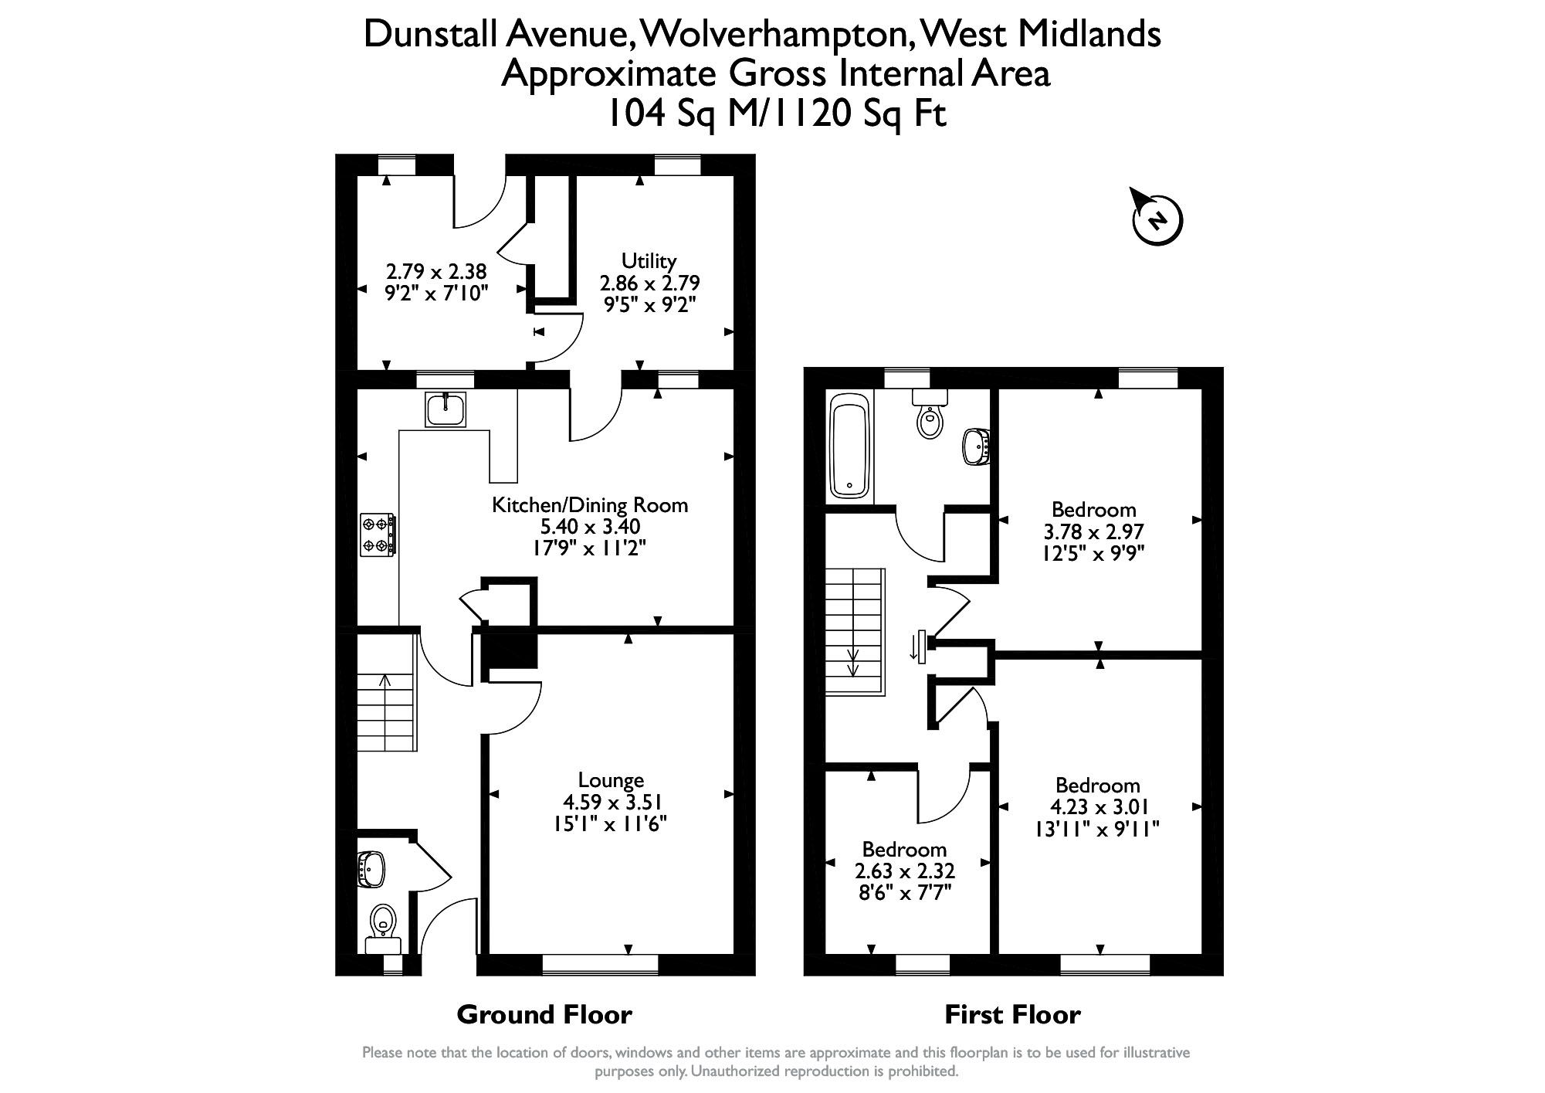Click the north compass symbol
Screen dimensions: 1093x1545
click(1157, 219)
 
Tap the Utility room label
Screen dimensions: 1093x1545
click(649, 261)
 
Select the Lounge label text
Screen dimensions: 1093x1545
click(611, 780)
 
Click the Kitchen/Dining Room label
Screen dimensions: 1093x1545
click(590, 505)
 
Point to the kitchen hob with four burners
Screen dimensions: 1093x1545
click(378, 535)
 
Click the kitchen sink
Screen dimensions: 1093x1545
click(446, 409)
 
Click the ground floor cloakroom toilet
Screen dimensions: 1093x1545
click(383, 927)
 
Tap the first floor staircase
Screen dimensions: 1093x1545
click(854, 631)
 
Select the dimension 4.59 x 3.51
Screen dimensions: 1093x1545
click(611, 802)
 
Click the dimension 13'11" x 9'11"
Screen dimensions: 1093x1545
click(1097, 829)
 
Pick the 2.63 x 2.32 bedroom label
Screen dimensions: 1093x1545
click(904, 871)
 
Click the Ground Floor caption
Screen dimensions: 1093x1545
click(544, 1014)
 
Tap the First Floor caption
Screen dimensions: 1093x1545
click(1012, 1014)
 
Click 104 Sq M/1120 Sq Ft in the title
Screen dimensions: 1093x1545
click(776, 114)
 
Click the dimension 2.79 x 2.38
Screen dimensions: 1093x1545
click(436, 272)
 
